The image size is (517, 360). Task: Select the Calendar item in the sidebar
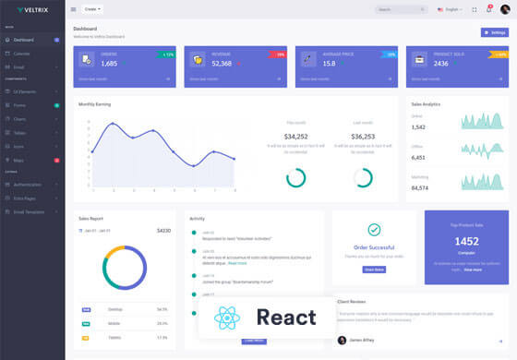pyautogui.click(x=22, y=54)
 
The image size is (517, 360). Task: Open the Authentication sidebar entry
pyautogui.click(x=28, y=185)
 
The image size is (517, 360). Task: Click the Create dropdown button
pyautogui.click(x=92, y=9)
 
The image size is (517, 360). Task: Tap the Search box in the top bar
pyautogui.click(x=401, y=9)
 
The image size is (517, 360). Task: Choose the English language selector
pyautogui.click(x=451, y=9)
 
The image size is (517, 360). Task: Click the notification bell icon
pyautogui.click(x=489, y=9)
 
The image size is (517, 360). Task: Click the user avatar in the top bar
pyautogui.click(x=505, y=9)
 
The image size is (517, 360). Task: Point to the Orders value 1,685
pyautogui.click(x=109, y=64)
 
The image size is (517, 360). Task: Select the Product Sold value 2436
pyautogui.click(x=440, y=64)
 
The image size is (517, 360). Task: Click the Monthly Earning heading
pyautogui.click(x=94, y=104)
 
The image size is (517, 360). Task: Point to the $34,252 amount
pyautogui.click(x=296, y=137)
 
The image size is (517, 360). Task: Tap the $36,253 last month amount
pyautogui.click(x=363, y=137)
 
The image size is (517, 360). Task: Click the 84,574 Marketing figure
pyautogui.click(x=419, y=188)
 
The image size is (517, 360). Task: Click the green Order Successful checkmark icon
pyautogui.click(x=374, y=230)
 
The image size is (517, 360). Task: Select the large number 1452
pyautogui.click(x=466, y=241)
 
